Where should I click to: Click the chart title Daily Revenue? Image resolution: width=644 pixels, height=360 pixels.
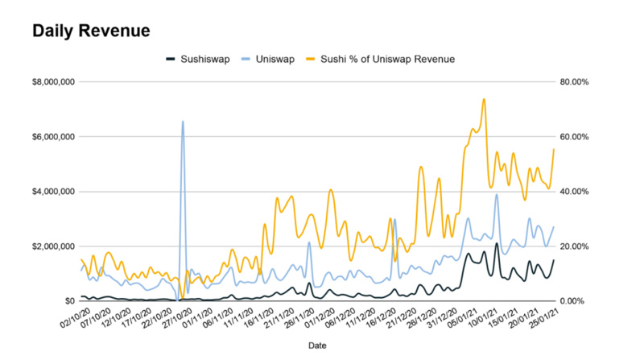point(91,31)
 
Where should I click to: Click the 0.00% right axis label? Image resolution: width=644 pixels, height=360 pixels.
point(576,301)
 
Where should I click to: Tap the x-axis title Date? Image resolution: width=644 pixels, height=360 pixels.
point(318,345)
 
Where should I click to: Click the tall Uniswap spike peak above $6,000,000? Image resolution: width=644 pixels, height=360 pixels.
point(183,122)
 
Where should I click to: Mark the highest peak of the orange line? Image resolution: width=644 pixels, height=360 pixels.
point(484,99)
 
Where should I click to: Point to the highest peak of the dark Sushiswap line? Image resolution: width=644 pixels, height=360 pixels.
point(497,243)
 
